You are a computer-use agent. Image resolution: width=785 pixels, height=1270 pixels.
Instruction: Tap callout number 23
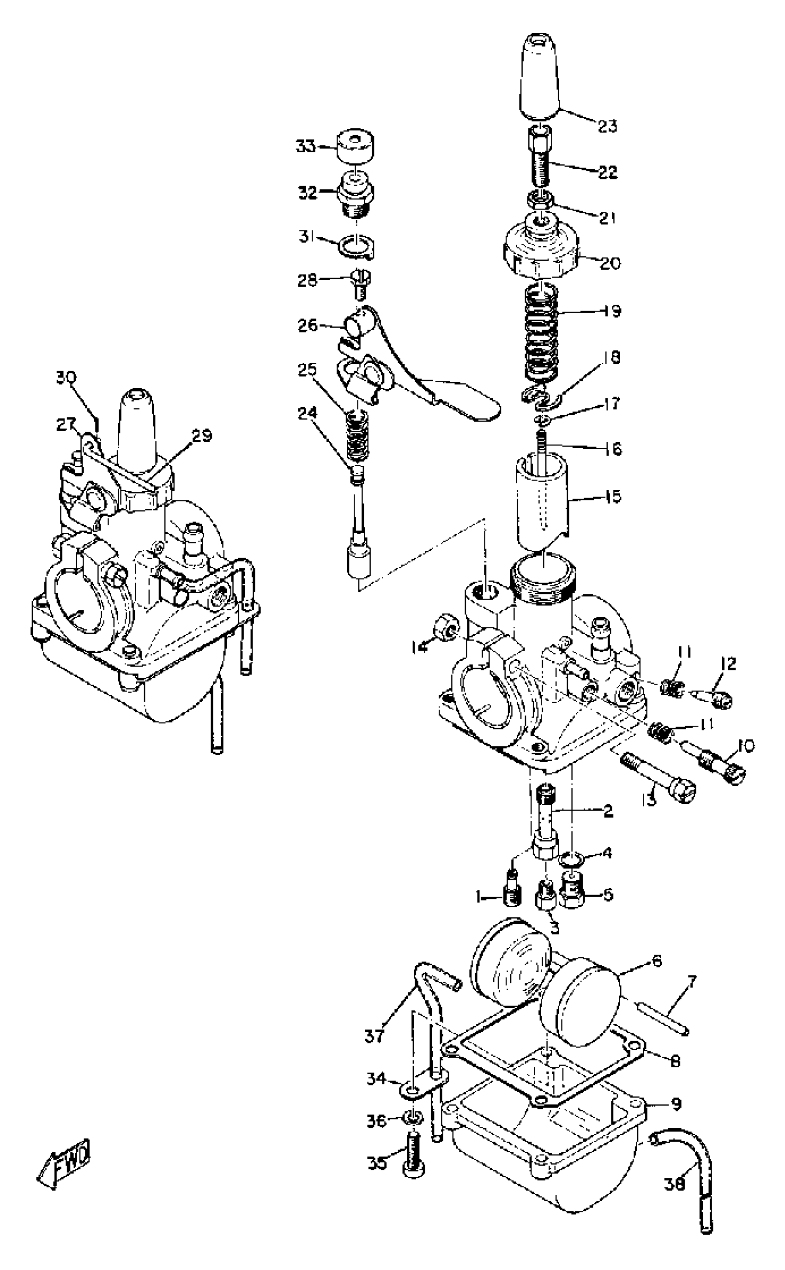[607, 126]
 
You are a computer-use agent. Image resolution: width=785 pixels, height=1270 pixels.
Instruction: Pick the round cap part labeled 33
[356, 148]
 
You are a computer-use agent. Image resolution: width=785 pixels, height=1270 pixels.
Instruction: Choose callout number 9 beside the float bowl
[676, 1104]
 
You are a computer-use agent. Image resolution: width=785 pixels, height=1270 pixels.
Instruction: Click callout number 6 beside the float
[657, 961]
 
